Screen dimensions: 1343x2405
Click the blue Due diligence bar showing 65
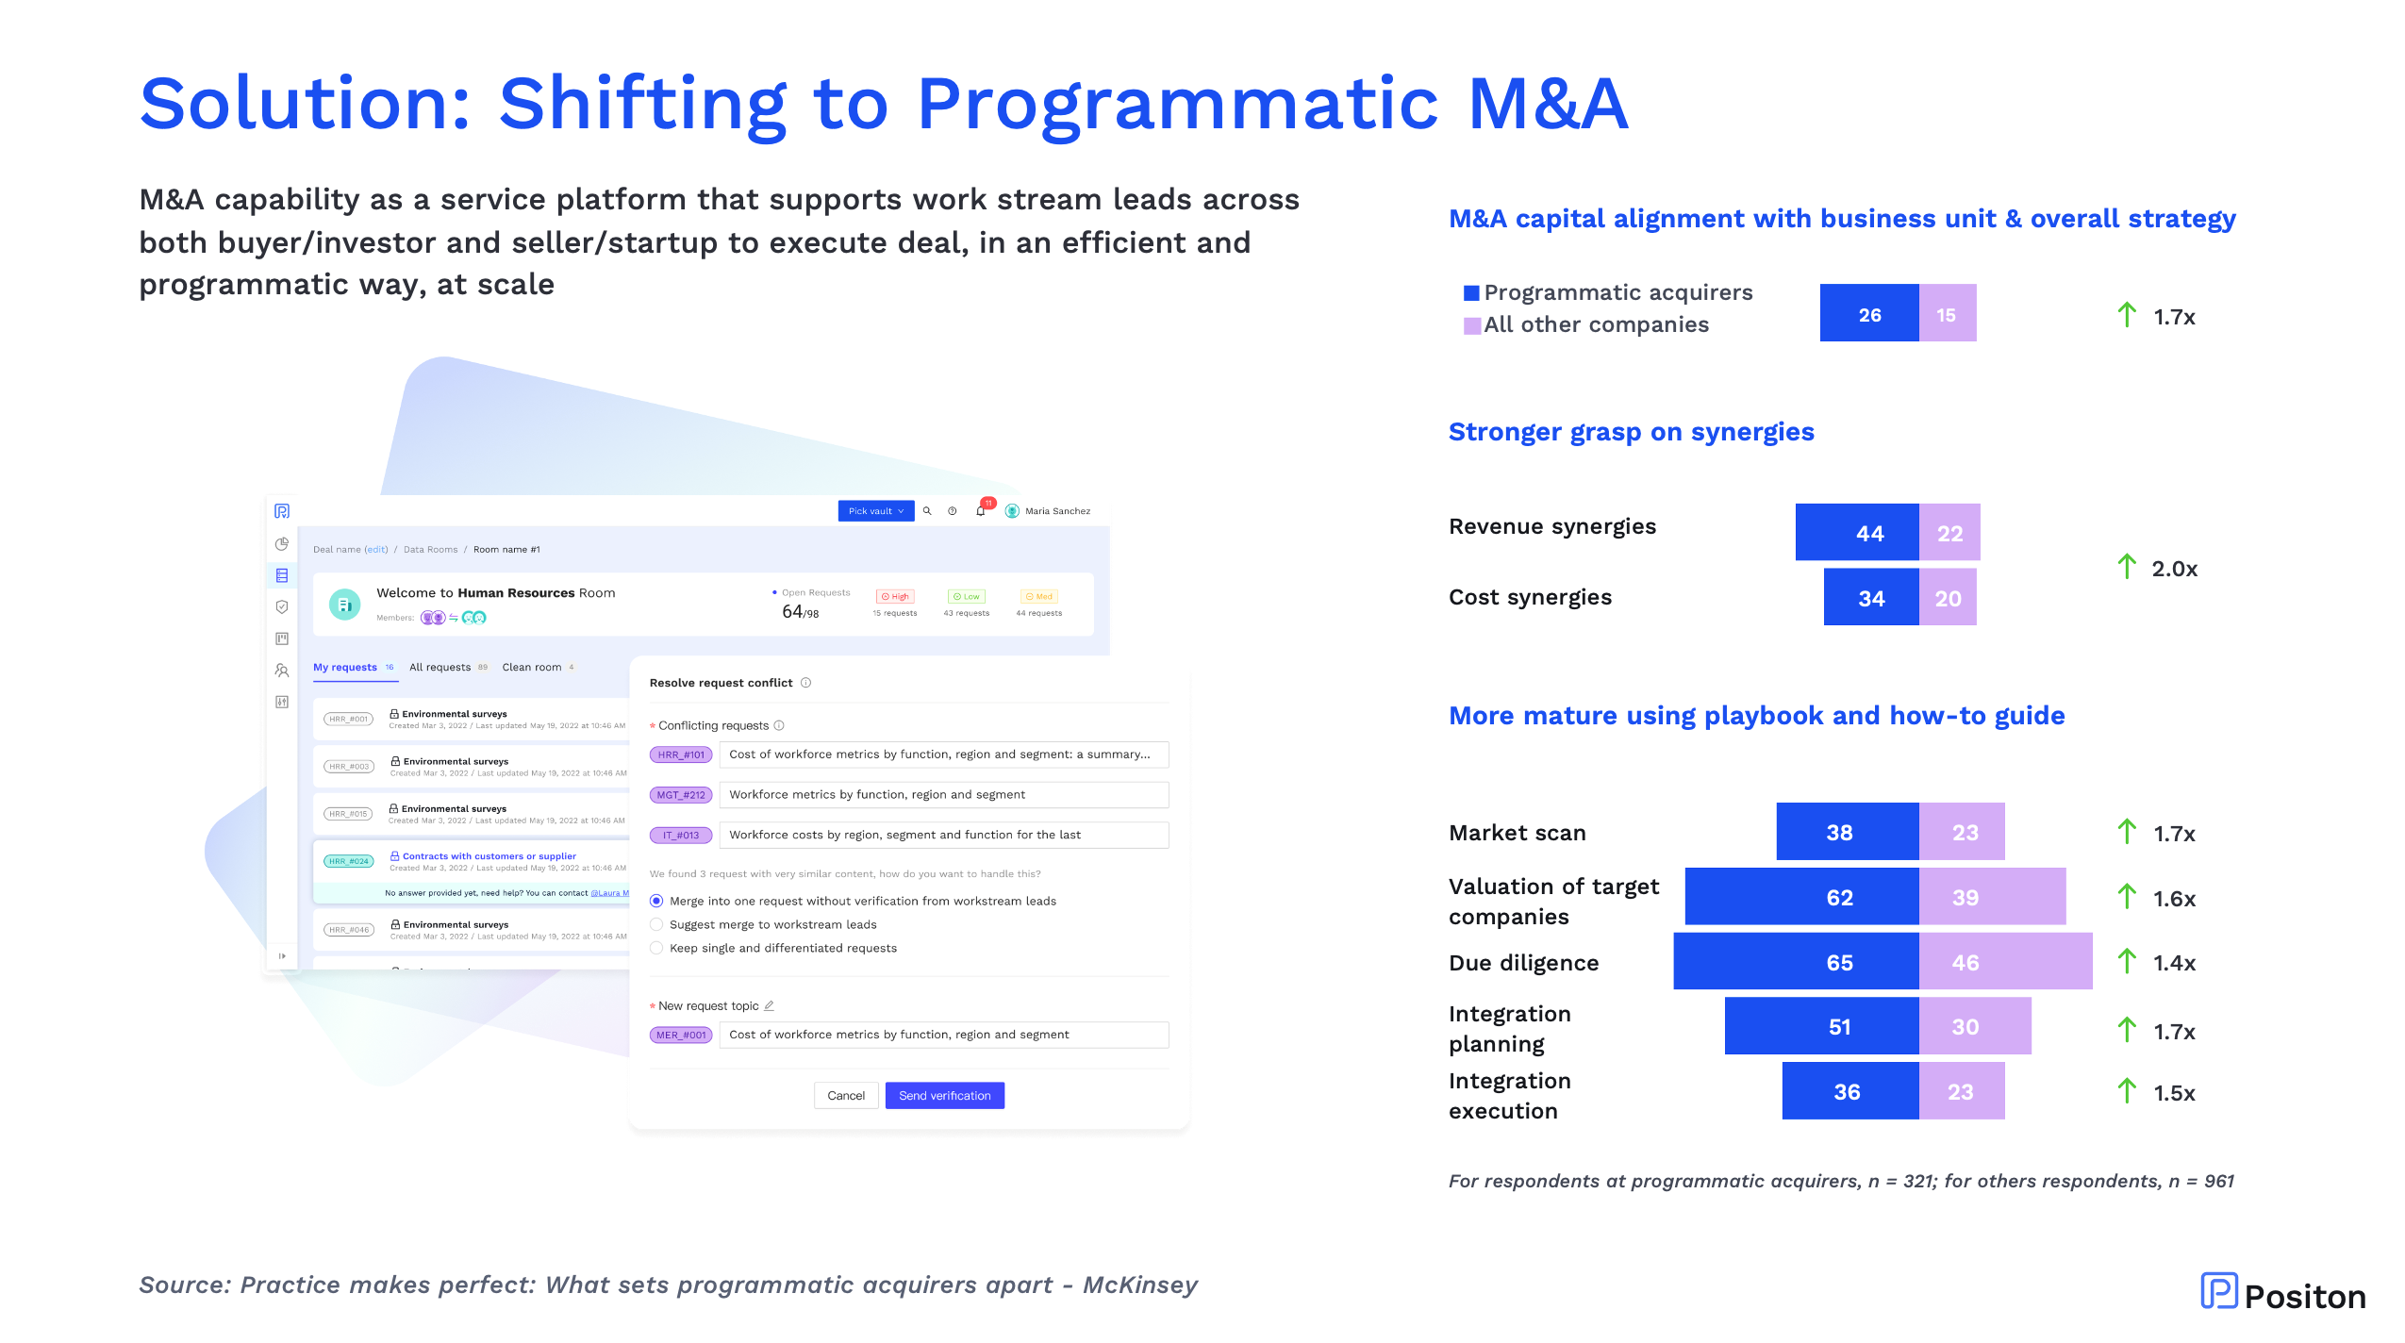[1796, 961]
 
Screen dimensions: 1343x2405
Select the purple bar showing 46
[2005, 961]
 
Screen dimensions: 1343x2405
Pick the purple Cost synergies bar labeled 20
[1948, 597]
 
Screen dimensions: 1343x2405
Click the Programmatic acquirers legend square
[1470, 292]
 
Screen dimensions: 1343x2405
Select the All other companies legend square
[1470, 325]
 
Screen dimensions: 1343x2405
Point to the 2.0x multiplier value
[2174, 569]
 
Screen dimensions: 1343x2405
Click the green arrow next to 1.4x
[2126, 961]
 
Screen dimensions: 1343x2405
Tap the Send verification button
[944, 1095]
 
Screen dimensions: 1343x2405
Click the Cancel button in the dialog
[845, 1095]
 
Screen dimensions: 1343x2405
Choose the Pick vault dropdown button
[875, 511]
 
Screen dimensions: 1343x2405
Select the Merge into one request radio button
[656, 901]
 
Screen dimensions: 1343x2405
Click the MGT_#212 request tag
[681, 795]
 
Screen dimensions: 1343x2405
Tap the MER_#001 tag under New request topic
[681, 1035]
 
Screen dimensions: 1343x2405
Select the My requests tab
[345, 667]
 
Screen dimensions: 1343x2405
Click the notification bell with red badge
[981, 510]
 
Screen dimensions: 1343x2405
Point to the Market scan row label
[1517, 833]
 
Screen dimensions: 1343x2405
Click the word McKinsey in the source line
[1139, 1285]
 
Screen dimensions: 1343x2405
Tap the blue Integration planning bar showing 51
[1821, 1026]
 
